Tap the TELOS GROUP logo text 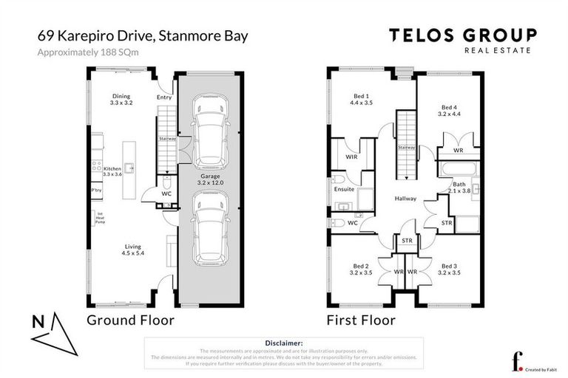[463, 35]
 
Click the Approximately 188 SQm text [85, 52]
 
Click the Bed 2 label [360, 269]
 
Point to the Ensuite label [343, 190]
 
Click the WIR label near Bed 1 [351, 156]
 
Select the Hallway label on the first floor [405, 199]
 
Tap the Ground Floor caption [130, 320]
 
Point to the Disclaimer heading [283, 343]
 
